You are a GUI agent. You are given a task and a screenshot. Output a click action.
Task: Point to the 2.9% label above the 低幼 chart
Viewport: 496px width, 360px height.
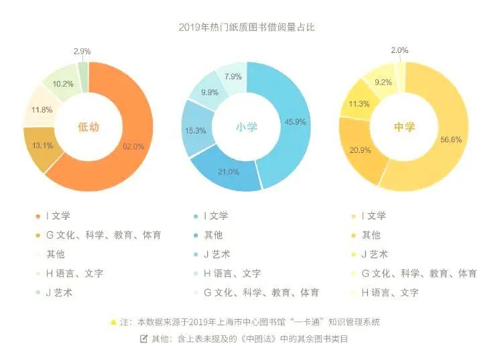click(x=82, y=51)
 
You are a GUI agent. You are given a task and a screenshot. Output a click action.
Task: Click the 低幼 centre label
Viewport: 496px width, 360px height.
click(x=88, y=127)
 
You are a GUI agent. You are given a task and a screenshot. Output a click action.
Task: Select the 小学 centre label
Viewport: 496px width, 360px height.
click(x=247, y=127)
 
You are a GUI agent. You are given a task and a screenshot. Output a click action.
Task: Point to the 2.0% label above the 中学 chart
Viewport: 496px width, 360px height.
click(x=399, y=51)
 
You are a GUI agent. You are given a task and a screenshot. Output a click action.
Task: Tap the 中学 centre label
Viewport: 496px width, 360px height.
click(x=404, y=127)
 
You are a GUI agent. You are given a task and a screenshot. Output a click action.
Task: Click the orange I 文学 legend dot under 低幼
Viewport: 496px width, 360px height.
click(x=37, y=216)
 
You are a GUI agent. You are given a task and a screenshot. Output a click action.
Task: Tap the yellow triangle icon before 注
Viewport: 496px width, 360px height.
click(x=113, y=322)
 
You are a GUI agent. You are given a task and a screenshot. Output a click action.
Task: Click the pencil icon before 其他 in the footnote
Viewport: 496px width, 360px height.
click(x=143, y=339)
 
